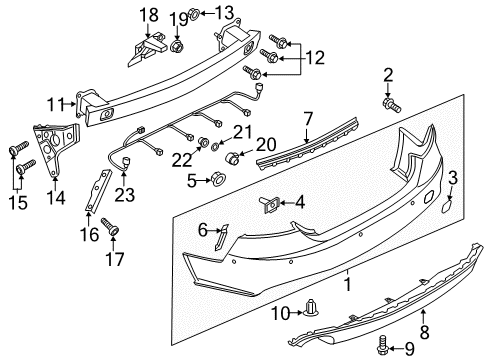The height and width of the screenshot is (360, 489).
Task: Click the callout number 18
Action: pos(149,15)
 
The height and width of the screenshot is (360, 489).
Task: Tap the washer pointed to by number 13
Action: pos(194,14)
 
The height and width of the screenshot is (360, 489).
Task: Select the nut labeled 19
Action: pos(177,46)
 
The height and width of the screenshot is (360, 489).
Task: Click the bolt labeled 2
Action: pos(391,104)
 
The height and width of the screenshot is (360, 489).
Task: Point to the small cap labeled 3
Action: pos(447,206)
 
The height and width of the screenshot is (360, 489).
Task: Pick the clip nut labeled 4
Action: pos(270,204)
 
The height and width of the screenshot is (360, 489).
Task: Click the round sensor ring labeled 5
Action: pos(219,178)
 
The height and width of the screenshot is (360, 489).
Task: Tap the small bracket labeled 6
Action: pos(221,236)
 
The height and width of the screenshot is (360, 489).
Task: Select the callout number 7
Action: pos(308,119)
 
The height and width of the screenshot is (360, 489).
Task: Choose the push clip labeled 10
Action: pos(311,307)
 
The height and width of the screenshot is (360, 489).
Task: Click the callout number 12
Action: pos(315,58)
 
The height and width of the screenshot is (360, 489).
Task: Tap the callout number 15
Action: pos(18,202)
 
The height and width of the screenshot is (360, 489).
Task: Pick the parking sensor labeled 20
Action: pos(232,157)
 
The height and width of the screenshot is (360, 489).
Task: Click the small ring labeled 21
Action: pos(215,146)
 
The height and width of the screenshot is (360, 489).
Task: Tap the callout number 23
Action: pos(124,195)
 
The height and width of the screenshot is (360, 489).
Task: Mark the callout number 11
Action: pos(55,104)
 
